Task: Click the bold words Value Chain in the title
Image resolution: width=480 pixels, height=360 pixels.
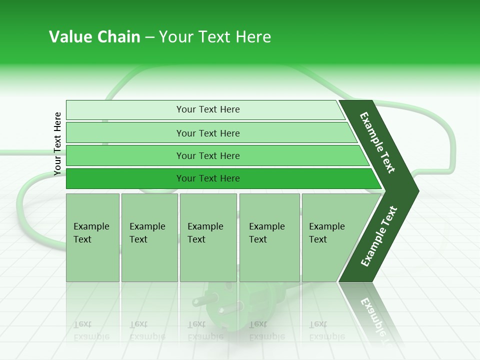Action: pos(94,37)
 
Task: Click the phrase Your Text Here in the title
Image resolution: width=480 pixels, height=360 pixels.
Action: pos(215,37)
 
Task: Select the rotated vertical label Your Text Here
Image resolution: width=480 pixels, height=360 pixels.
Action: pos(57,143)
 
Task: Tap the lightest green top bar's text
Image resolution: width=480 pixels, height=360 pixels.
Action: pos(208,109)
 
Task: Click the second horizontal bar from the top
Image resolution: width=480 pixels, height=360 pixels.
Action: pos(208,133)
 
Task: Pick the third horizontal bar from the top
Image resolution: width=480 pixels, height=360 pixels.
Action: pos(208,155)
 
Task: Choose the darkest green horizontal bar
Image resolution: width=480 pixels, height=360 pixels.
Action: pos(208,178)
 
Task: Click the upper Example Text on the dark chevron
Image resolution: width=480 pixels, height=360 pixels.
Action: pos(377,142)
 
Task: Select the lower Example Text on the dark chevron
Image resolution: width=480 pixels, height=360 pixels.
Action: pos(379,236)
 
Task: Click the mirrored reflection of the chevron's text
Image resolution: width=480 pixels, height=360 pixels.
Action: pos(372,315)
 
